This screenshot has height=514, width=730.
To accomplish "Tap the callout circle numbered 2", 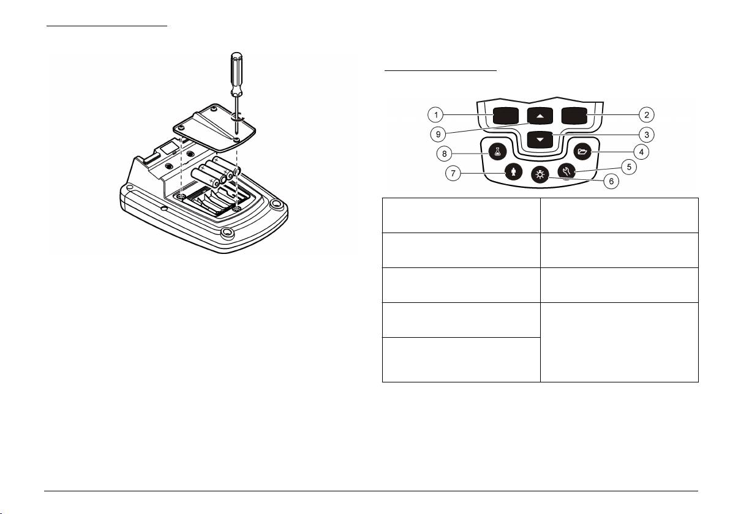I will [x=647, y=114].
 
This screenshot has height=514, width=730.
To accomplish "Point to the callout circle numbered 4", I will [x=642, y=151].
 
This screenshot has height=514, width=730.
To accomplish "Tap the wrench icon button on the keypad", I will [x=565, y=172].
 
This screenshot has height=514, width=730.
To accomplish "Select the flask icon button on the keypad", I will [x=497, y=151].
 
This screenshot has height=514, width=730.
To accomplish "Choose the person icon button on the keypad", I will [x=513, y=172].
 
